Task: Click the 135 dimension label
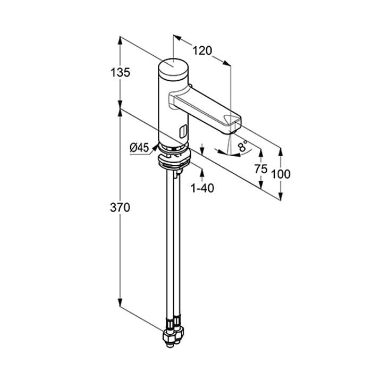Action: tap(120, 72)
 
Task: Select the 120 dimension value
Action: tap(202, 50)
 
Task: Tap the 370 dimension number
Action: tap(120, 208)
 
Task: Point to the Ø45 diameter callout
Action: tap(139, 148)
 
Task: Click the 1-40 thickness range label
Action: tap(202, 188)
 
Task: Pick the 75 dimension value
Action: tap(261, 169)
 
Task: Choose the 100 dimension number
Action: tap(281, 174)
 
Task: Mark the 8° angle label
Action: tap(243, 146)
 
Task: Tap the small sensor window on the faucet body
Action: tap(183, 131)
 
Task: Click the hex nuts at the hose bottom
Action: tap(173, 335)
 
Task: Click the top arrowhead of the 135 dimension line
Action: tap(120, 41)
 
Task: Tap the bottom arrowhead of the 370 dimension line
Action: tap(120, 302)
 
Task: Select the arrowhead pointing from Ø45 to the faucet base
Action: tap(155, 147)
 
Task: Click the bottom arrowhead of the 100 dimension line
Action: tap(281, 196)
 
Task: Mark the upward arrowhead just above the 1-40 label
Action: tap(202, 173)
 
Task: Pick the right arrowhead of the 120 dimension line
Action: tap(227, 63)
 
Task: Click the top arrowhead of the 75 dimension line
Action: tap(261, 153)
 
